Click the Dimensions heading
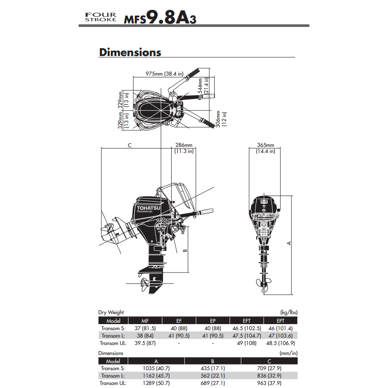(x=130, y=53)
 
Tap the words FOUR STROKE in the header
(x=101, y=17)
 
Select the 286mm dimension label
(x=183, y=145)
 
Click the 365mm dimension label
(x=265, y=145)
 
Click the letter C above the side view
(x=129, y=146)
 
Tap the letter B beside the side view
(x=185, y=250)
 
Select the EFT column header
(x=246, y=321)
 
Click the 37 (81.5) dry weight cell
(x=145, y=328)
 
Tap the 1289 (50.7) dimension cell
(x=156, y=383)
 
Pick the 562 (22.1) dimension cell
(x=213, y=376)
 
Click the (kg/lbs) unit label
(x=289, y=312)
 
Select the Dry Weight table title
(x=111, y=312)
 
